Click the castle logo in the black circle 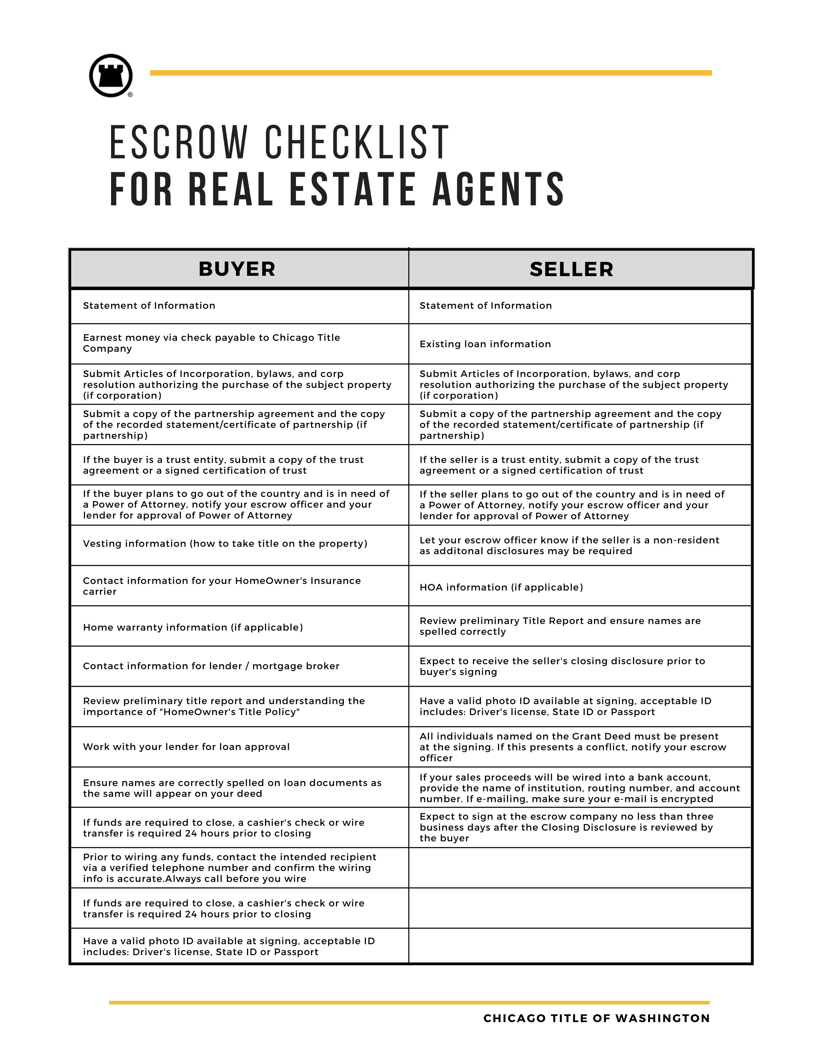click(x=111, y=75)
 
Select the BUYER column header click(x=237, y=269)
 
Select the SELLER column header click(x=571, y=269)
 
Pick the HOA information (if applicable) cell click(x=501, y=587)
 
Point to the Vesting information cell click(x=225, y=543)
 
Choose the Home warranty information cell click(x=193, y=627)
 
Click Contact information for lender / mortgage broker click(x=211, y=666)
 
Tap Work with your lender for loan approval click(x=186, y=746)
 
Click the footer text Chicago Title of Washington click(x=596, y=1018)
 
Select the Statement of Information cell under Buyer click(x=149, y=305)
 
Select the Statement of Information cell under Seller click(x=486, y=305)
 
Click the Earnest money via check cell click(x=211, y=343)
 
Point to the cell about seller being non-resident click(x=569, y=545)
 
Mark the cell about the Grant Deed click(x=572, y=747)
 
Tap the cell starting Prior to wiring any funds click(x=229, y=868)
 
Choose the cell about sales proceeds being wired click(x=579, y=788)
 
